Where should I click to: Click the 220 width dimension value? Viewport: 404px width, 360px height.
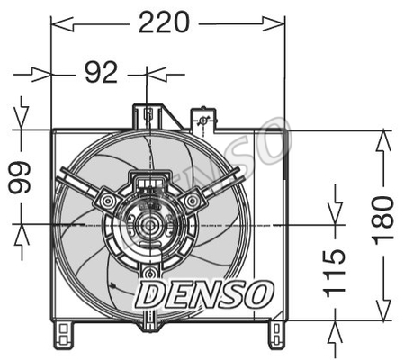pyautogui.click(x=164, y=22)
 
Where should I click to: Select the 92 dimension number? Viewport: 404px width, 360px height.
pyautogui.click(x=101, y=72)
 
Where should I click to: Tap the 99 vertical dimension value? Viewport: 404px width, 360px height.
pyautogui.click(x=19, y=177)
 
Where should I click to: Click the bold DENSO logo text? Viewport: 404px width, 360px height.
pyautogui.click(x=205, y=294)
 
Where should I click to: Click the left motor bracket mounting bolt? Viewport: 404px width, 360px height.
pyautogui.click(x=107, y=200)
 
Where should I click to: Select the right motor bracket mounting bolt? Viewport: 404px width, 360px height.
pyautogui.click(x=192, y=201)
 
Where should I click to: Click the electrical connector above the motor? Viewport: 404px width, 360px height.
pyautogui.click(x=149, y=182)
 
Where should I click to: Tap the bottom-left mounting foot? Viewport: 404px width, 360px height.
pyautogui.click(x=63, y=335)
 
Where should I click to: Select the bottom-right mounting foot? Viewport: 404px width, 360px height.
pyautogui.click(x=276, y=335)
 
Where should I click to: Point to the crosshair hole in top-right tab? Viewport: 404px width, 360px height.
pyautogui.click(x=203, y=121)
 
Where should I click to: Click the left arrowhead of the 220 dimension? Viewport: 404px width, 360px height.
pyautogui.click(x=62, y=24)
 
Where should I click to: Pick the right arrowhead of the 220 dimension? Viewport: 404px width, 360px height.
pyautogui.click(x=274, y=24)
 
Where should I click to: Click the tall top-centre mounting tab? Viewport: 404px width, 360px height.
pyautogui.click(x=148, y=117)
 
